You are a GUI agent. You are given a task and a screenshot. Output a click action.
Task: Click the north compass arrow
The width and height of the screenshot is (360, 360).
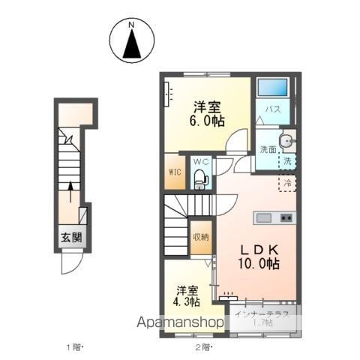coord(132,43)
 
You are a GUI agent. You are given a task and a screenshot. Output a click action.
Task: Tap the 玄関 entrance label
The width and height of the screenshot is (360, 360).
coord(72,237)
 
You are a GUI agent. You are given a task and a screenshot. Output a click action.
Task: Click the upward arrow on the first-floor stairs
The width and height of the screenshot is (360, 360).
coord(70,191)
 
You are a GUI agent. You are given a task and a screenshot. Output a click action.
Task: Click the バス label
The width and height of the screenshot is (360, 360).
coord(273,109)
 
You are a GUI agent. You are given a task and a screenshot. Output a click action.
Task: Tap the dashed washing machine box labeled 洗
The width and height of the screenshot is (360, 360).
coord(287,161)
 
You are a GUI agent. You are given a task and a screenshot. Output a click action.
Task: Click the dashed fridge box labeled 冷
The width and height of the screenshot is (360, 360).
coord(287,183)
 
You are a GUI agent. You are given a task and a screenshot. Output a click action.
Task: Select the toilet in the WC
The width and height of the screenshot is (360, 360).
coord(201,179)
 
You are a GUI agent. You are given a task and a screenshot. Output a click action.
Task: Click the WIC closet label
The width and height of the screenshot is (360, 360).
coord(175,172)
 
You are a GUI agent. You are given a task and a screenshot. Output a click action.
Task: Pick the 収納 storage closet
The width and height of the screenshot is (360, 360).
coord(201,237)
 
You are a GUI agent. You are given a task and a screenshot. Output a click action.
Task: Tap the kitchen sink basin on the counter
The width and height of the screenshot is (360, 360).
coord(264,218)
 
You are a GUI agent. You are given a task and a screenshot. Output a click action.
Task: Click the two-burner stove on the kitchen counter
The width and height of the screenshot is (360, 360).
coord(286,218)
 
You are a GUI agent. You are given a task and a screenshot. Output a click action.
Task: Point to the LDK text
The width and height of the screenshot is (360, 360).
coord(259,250)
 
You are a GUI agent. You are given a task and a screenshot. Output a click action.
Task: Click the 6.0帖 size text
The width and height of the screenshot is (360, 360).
coord(207,121)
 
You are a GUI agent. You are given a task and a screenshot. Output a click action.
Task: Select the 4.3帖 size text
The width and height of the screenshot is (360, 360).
coord(187,301)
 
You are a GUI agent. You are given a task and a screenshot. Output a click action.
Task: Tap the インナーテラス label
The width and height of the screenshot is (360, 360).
coord(262,314)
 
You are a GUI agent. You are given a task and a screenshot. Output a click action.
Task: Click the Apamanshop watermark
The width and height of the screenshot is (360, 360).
coord(180,322)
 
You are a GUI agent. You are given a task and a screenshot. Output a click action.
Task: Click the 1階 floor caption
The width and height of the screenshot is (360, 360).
coord(73,347)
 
